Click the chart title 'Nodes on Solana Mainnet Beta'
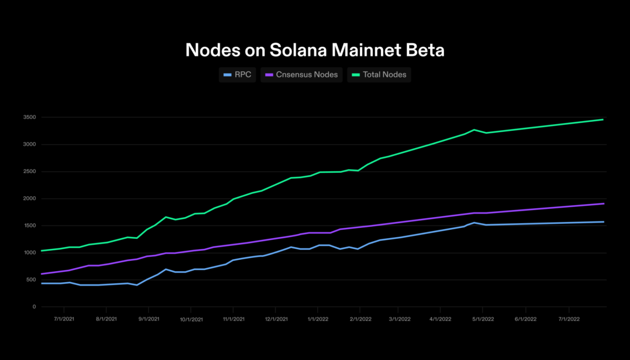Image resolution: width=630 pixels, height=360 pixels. tap(314, 50)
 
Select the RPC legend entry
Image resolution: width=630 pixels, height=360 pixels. tap(238, 75)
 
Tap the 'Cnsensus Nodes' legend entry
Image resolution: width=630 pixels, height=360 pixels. tap(302, 75)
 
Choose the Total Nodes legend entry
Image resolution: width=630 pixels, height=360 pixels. tap(379, 75)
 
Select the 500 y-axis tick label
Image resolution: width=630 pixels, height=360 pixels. tap(31, 280)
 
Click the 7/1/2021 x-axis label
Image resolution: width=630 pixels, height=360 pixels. tap(64, 319)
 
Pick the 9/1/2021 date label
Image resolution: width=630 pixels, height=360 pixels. tap(148, 319)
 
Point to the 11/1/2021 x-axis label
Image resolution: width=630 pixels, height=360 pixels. tap(233, 319)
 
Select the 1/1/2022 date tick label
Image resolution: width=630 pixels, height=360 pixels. tap(317, 319)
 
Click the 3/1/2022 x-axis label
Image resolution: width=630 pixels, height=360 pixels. tap(400, 319)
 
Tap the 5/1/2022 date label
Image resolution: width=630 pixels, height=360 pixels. tap(484, 319)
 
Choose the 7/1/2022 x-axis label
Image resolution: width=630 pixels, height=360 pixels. tap(568, 319)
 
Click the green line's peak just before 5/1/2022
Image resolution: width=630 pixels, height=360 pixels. tap(474, 130)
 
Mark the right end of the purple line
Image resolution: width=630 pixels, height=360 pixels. tap(604, 203)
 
